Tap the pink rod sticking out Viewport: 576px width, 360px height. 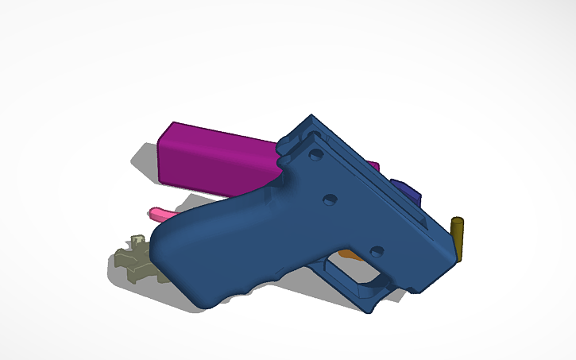tap(160, 213)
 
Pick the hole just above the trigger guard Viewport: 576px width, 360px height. tap(377, 251)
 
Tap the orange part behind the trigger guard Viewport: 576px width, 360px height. tap(347, 254)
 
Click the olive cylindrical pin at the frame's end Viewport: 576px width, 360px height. tap(457, 238)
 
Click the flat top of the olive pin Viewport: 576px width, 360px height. tap(457, 219)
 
